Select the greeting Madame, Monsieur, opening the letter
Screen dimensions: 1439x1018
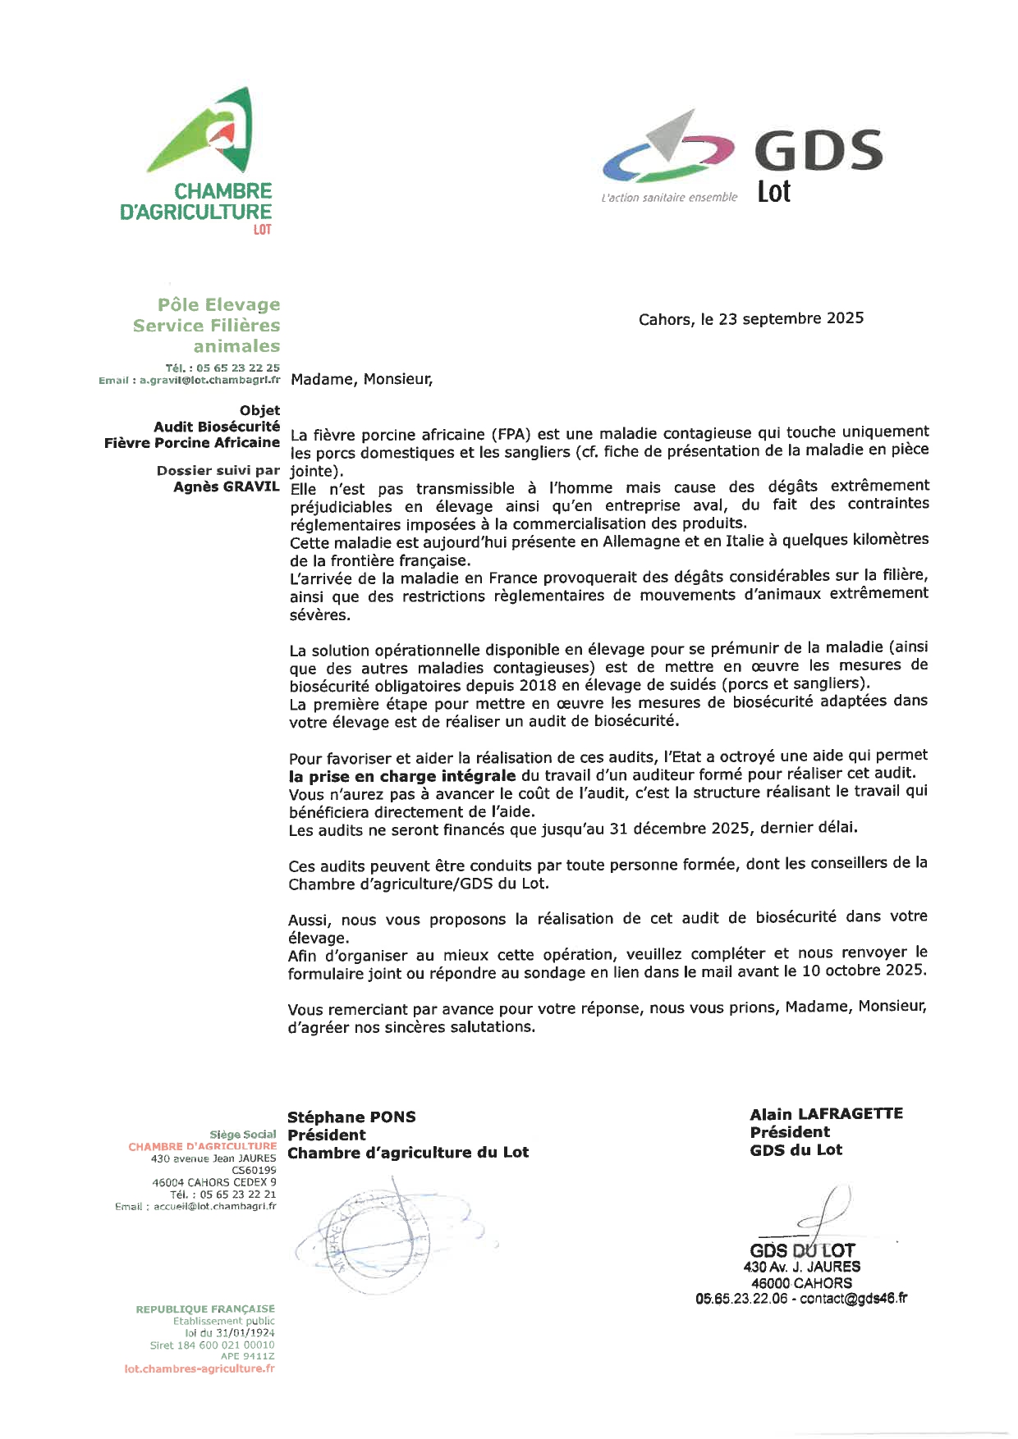pyautogui.click(x=361, y=379)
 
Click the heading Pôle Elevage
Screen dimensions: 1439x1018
pyautogui.click(x=218, y=304)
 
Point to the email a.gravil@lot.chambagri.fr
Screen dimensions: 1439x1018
pyautogui.click(x=209, y=381)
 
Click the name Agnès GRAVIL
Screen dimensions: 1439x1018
pyautogui.click(x=226, y=487)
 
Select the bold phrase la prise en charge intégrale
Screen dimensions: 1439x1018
pyautogui.click(x=402, y=775)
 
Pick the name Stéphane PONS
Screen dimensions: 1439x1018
pyautogui.click(x=351, y=1117)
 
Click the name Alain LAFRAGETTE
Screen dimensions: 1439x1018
pyautogui.click(x=826, y=1113)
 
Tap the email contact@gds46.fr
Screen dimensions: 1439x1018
pyautogui.click(x=854, y=1299)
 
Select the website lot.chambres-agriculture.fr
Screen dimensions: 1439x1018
pyautogui.click(x=199, y=1368)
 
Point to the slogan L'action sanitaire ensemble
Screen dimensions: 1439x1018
pyautogui.click(x=669, y=198)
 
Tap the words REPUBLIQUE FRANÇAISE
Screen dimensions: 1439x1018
pyautogui.click(x=205, y=1309)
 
